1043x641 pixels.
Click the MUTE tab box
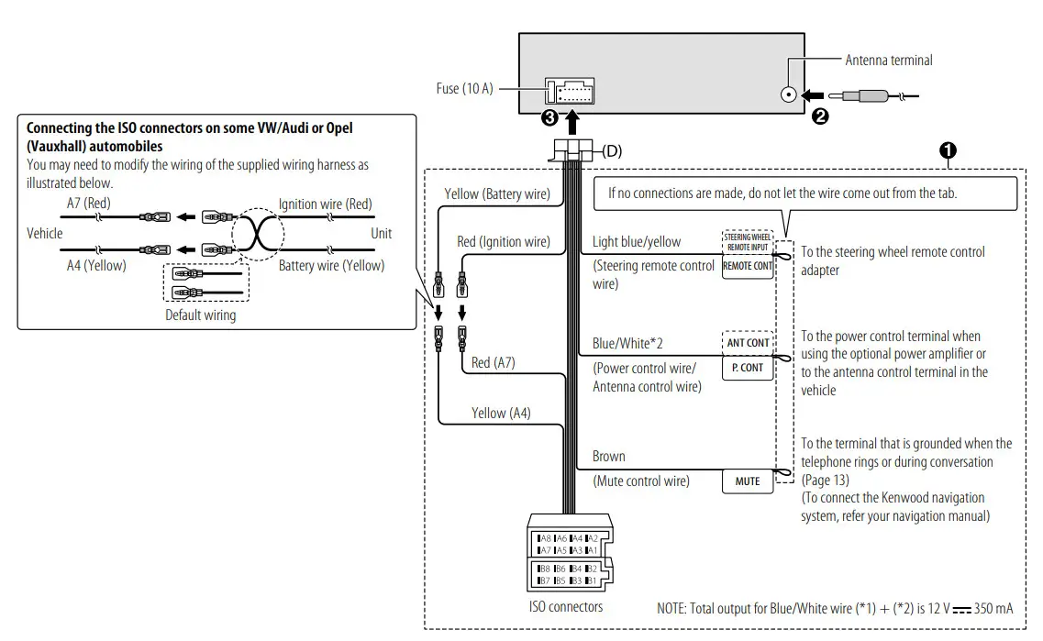pos(748,481)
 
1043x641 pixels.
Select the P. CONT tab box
pos(747,367)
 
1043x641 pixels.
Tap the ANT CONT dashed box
pos(748,343)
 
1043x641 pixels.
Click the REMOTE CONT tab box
pos(748,266)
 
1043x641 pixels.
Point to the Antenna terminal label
pos(888,61)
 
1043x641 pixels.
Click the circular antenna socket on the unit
pos(788,94)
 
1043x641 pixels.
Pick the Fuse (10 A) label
pos(464,88)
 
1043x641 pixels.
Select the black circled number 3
pos(549,118)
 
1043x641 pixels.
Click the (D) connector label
pos(611,151)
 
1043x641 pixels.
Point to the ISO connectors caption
pos(566,606)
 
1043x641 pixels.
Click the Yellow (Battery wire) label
pos(497,194)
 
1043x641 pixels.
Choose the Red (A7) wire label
pos(494,362)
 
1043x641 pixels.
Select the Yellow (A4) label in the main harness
pos(501,413)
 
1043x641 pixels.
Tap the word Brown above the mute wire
pos(609,456)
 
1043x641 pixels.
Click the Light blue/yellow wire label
pos(637,242)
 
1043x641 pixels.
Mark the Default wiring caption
pos(200,315)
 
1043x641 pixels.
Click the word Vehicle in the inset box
pos(45,234)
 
